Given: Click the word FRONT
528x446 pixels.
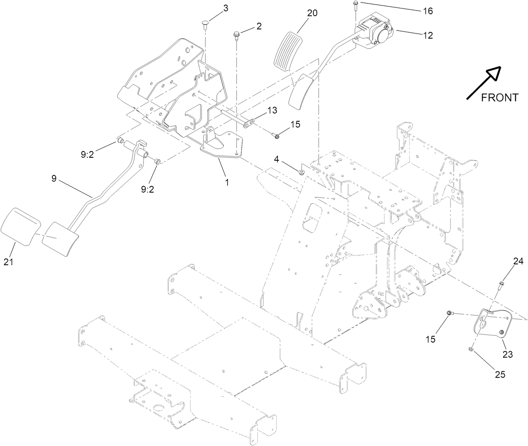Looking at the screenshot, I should (499, 98).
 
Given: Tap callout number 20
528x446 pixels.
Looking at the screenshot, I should (312, 13).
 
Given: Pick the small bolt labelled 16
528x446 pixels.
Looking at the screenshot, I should (355, 5).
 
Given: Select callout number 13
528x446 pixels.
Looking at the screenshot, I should (272, 110).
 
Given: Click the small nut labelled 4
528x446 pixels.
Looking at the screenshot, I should (301, 171).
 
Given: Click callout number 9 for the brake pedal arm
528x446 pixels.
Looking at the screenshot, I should (53, 178).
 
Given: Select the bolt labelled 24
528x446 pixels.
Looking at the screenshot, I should (500, 287).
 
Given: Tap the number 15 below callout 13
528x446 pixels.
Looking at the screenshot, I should (295, 124).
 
